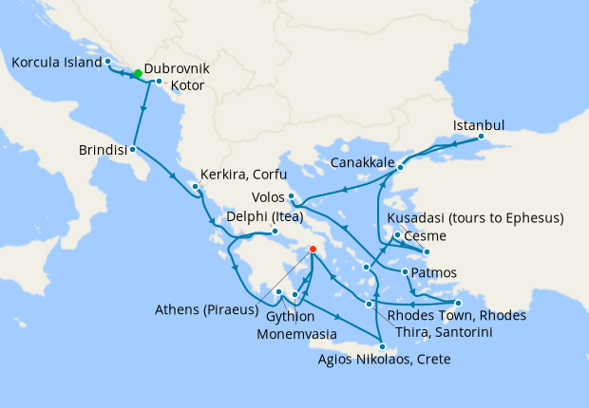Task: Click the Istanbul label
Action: (x=479, y=124)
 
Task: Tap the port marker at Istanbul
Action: (x=481, y=136)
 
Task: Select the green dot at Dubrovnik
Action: (x=138, y=73)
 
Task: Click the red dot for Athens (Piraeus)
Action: (x=313, y=250)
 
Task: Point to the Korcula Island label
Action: (x=55, y=63)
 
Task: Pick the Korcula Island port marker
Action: (x=108, y=62)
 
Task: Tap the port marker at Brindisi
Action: (x=134, y=149)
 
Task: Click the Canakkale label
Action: (x=363, y=163)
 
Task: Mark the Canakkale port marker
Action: (x=400, y=168)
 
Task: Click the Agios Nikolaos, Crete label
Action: (x=385, y=360)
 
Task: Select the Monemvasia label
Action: (x=305, y=334)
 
